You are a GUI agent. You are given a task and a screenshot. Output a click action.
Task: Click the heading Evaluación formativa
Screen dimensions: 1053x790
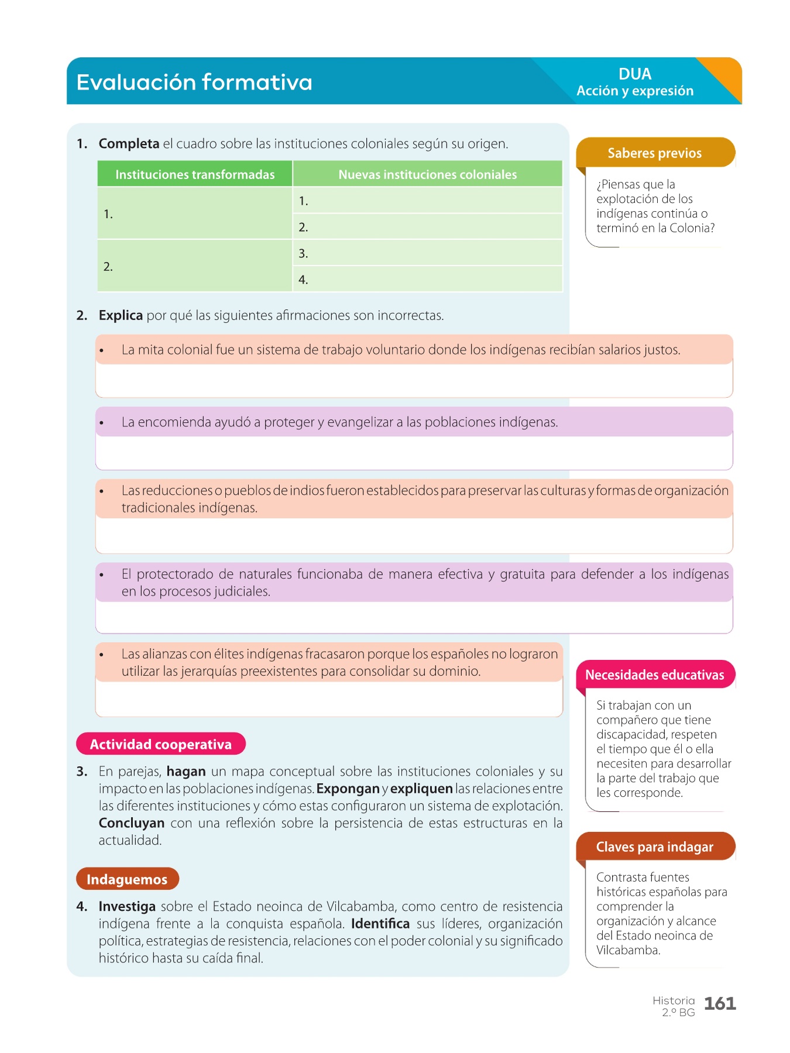194,82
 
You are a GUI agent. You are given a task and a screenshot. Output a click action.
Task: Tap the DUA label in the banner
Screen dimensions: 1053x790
635,74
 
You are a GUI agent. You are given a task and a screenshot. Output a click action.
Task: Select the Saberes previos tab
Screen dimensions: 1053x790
654,153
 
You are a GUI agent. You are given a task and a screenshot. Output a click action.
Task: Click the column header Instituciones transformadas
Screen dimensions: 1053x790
195,174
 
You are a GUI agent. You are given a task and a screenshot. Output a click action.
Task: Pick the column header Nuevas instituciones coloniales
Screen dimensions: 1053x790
427,174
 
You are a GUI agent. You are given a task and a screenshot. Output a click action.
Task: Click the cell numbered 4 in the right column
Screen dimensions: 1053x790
427,280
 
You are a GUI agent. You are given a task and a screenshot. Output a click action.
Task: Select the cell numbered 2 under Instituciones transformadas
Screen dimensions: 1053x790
195,266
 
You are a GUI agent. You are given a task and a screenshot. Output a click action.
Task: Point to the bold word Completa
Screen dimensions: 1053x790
129,144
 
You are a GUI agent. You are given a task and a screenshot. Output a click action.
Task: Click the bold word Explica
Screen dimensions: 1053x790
121,316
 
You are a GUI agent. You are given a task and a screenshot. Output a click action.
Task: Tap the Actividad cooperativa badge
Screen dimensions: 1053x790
161,744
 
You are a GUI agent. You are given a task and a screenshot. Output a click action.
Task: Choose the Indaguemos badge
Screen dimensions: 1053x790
127,879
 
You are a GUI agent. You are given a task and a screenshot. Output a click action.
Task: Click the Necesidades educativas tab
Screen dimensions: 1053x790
654,675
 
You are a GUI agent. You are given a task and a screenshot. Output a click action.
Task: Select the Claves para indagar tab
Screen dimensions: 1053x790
654,847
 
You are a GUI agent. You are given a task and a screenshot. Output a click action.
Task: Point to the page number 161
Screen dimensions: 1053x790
720,1004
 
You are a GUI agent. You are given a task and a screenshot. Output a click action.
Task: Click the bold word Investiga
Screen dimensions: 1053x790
127,907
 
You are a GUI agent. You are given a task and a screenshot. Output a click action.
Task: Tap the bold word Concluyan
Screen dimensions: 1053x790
131,823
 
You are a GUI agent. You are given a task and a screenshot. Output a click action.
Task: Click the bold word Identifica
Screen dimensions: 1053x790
380,924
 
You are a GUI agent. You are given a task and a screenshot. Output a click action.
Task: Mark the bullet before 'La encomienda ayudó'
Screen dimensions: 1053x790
102,423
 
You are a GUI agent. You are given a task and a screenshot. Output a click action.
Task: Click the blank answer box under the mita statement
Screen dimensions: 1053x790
414,381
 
